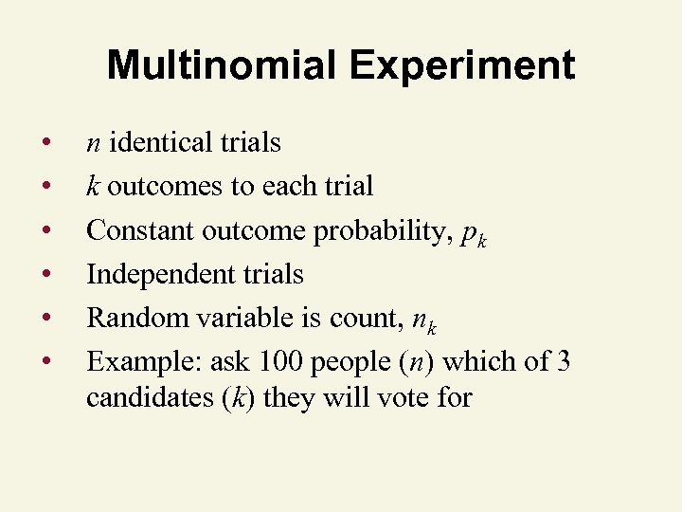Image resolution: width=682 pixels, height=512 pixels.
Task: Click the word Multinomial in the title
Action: pos(221,66)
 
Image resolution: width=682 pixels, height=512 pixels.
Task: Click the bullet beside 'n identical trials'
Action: pos(45,143)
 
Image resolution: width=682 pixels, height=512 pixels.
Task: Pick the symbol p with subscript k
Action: pos(472,234)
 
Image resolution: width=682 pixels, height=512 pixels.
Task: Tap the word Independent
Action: pos(153,274)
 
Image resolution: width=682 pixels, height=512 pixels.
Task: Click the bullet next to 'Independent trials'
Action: pos(45,274)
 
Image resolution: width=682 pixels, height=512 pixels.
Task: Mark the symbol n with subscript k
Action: pos(422,320)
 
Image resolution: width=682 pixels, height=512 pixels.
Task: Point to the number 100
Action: pos(280,361)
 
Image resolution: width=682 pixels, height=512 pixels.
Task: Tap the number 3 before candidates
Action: pos(563,361)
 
